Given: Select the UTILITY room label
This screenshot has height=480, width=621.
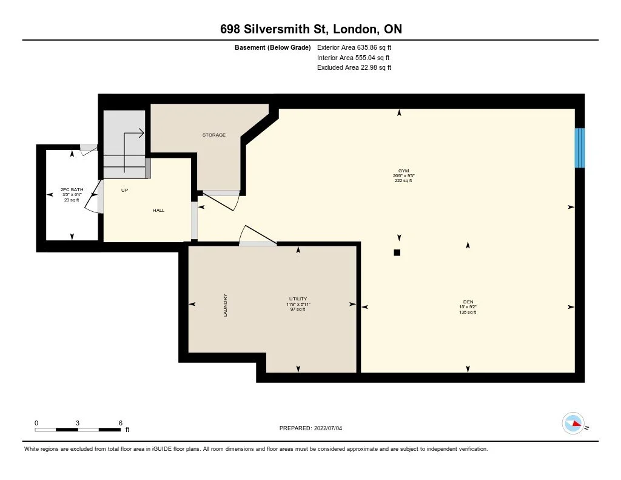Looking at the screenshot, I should [298, 299].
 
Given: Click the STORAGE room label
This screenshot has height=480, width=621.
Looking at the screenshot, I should [214, 135].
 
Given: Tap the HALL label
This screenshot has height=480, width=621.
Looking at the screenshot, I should [158, 211].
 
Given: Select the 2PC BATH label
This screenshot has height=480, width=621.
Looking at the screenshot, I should [72, 190].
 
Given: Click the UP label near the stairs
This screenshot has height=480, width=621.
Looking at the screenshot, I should [124, 190].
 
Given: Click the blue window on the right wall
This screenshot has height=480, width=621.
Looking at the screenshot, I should [580, 148].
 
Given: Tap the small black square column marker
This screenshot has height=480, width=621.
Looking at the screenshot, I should [397, 252].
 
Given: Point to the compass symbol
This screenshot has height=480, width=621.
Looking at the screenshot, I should [573, 423].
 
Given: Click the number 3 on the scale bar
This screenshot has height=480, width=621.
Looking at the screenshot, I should [78, 422].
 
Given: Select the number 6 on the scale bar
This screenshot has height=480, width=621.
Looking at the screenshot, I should [120, 422].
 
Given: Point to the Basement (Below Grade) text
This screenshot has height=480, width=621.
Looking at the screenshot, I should [273, 47].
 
